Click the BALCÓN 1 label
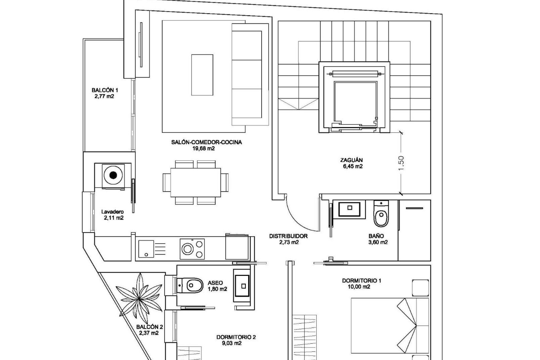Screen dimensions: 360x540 coord(105,90)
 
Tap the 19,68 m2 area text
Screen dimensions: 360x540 coord(203,148)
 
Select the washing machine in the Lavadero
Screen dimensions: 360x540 coord(113,175)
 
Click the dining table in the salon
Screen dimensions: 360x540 coord(195,183)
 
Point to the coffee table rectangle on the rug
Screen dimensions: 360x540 coord(202,75)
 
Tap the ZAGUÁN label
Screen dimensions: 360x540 coord(351,160)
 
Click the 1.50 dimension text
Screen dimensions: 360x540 coord(401,163)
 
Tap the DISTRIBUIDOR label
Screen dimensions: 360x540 coord(288,236)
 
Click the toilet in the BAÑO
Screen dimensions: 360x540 coord(381,215)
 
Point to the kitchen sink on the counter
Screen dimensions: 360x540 coord(146,249)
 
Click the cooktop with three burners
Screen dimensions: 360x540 coord(192,249)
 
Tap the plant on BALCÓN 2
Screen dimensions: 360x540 coord(140,299)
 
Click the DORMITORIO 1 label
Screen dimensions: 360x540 coord(361,281)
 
